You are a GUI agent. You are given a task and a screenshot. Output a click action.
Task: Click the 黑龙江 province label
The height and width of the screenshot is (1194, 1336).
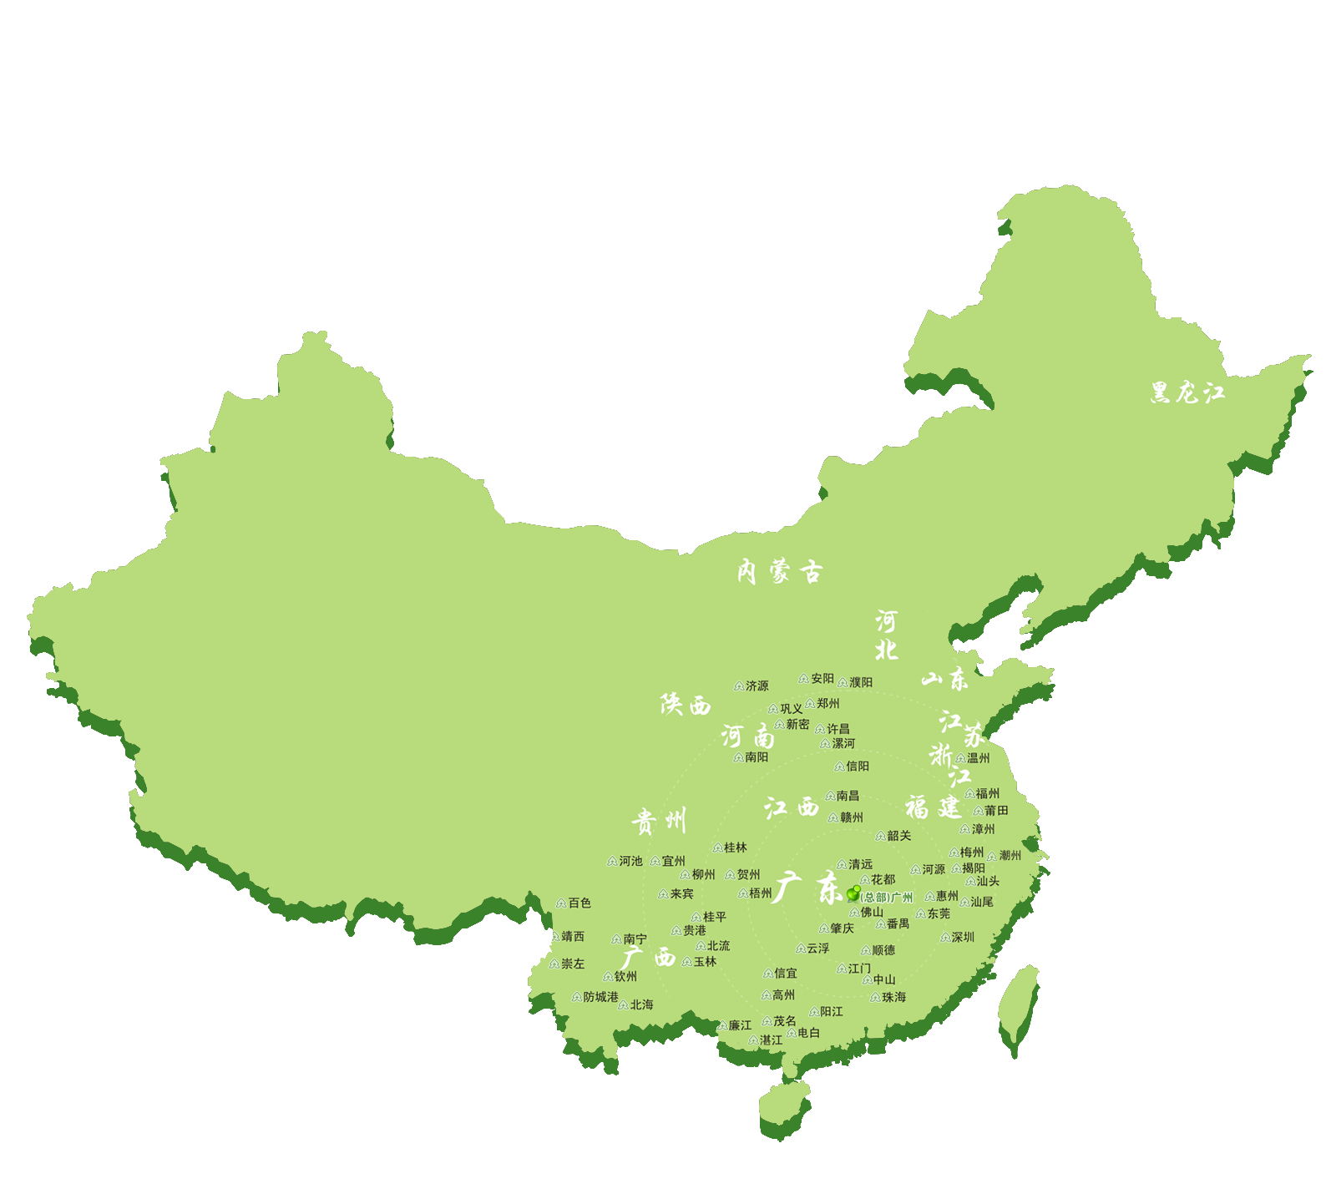[x=1187, y=392]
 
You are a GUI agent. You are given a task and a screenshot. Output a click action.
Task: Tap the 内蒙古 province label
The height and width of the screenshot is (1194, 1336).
[x=779, y=572]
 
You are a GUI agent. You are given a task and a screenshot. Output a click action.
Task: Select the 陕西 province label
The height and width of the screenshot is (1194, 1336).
[x=686, y=706]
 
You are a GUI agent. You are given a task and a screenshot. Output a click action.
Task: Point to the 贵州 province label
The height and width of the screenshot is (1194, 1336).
[x=659, y=822]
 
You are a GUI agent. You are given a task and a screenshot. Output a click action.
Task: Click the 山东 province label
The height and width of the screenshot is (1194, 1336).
[x=945, y=679]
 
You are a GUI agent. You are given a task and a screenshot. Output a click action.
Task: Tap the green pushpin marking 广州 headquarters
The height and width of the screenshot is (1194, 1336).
[x=853, y=893]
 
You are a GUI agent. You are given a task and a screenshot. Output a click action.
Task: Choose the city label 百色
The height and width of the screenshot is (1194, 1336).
[x=579, y=903]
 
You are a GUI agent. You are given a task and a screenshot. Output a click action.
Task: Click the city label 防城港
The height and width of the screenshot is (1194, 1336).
[x=600, y=997]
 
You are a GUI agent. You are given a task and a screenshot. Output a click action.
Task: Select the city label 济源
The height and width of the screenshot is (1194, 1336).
[x=757, y=686]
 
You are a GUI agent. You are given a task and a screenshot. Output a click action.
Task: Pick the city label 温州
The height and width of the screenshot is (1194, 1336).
[x=978, y=758]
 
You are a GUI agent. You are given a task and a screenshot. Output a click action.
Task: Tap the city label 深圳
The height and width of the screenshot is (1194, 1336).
[x=963, y=938]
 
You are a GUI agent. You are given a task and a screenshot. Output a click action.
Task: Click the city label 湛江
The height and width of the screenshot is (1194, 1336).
[x=771, y=1040]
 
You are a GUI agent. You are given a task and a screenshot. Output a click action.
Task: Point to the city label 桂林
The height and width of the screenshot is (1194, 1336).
[x=735, y=847]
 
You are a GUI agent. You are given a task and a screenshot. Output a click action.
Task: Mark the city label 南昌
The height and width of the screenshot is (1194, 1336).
[x=847, y=796]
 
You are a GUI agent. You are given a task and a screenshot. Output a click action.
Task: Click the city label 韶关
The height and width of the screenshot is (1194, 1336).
[x=898, y=836]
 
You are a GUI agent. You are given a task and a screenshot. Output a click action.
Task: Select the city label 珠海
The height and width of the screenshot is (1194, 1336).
[x=893, y=997]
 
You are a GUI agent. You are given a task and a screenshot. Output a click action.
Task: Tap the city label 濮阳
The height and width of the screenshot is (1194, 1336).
[x=860, y=682]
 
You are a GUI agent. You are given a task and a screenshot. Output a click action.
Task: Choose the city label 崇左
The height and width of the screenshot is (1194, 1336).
[x=573, y=964]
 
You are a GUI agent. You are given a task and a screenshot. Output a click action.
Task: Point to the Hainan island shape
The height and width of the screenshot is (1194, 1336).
[x=786, y=1106]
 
